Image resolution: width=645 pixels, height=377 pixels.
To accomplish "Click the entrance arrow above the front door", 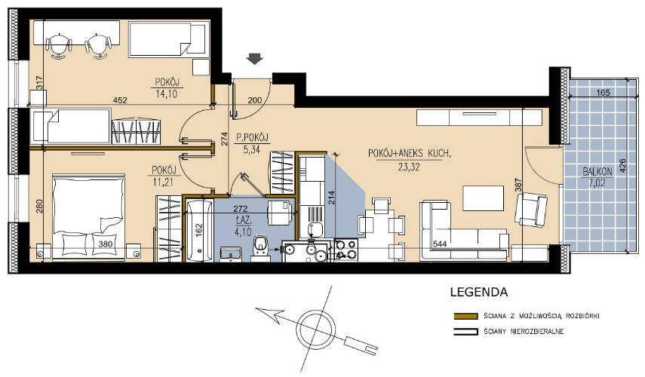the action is click(x=255, y=60).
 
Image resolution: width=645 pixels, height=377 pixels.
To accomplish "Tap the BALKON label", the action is click(x=597, y=171).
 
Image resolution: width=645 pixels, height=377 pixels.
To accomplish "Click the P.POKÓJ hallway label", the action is click(x=252, y=138).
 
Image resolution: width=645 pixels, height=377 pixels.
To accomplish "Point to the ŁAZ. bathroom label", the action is click(x=243, y=221).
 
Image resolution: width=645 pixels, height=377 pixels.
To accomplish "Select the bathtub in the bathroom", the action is click(x=200, y=231).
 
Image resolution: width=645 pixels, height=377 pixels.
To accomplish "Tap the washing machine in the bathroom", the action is click(x=281, y=213).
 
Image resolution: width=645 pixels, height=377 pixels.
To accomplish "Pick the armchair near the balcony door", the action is click(x=531, y=210).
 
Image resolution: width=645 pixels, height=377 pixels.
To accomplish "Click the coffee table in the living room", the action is click(x=484, y=198).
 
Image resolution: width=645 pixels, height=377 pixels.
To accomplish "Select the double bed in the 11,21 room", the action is click(x=88, y=217).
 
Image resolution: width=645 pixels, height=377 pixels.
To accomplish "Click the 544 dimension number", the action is click(x=440, y=244).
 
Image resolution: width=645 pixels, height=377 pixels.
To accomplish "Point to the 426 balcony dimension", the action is click(x=622, y=167).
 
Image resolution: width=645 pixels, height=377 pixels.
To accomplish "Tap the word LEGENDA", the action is click(x=479, y=293).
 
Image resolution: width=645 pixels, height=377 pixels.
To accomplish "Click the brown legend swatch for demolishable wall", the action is click(x=465, y=316).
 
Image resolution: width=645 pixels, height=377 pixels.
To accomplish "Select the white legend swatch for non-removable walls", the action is click(x=465, y=331).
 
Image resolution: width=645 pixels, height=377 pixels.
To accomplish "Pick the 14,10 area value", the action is click(x=167, y=93).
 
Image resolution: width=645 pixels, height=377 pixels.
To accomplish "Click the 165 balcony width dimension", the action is click(x=603, y=93).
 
